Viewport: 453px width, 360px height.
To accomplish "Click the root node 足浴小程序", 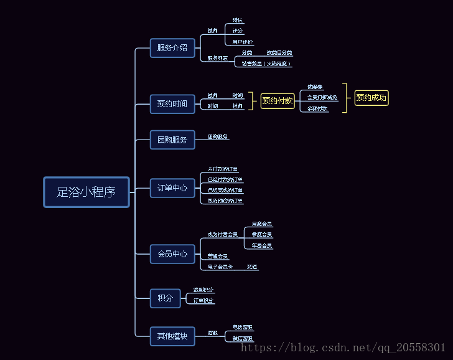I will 86,192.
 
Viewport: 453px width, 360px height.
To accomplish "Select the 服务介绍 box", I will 172,48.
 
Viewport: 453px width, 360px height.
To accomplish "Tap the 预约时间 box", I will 172,104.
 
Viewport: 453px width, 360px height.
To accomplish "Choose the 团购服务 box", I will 172,140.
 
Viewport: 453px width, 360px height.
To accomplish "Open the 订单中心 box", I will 172,187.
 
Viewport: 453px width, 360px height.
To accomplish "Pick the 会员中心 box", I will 172,254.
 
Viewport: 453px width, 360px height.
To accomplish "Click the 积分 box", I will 165,298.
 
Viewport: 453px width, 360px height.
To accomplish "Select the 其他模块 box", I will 172,336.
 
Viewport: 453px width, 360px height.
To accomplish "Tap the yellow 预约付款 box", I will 278,101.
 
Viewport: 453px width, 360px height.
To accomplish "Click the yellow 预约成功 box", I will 371,98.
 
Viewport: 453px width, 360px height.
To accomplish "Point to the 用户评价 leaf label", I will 242,42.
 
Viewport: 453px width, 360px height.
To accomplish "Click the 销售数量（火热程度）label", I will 266,64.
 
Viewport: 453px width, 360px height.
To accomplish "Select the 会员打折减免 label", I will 322,98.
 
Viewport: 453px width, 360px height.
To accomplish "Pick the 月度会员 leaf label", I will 261,224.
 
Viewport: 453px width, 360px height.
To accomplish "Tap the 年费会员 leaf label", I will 261,246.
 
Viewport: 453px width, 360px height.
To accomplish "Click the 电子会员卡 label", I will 220,267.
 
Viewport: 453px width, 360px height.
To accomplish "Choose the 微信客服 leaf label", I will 243,338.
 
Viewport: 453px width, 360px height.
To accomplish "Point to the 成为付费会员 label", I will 223,235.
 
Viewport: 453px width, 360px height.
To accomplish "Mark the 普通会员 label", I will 218,256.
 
